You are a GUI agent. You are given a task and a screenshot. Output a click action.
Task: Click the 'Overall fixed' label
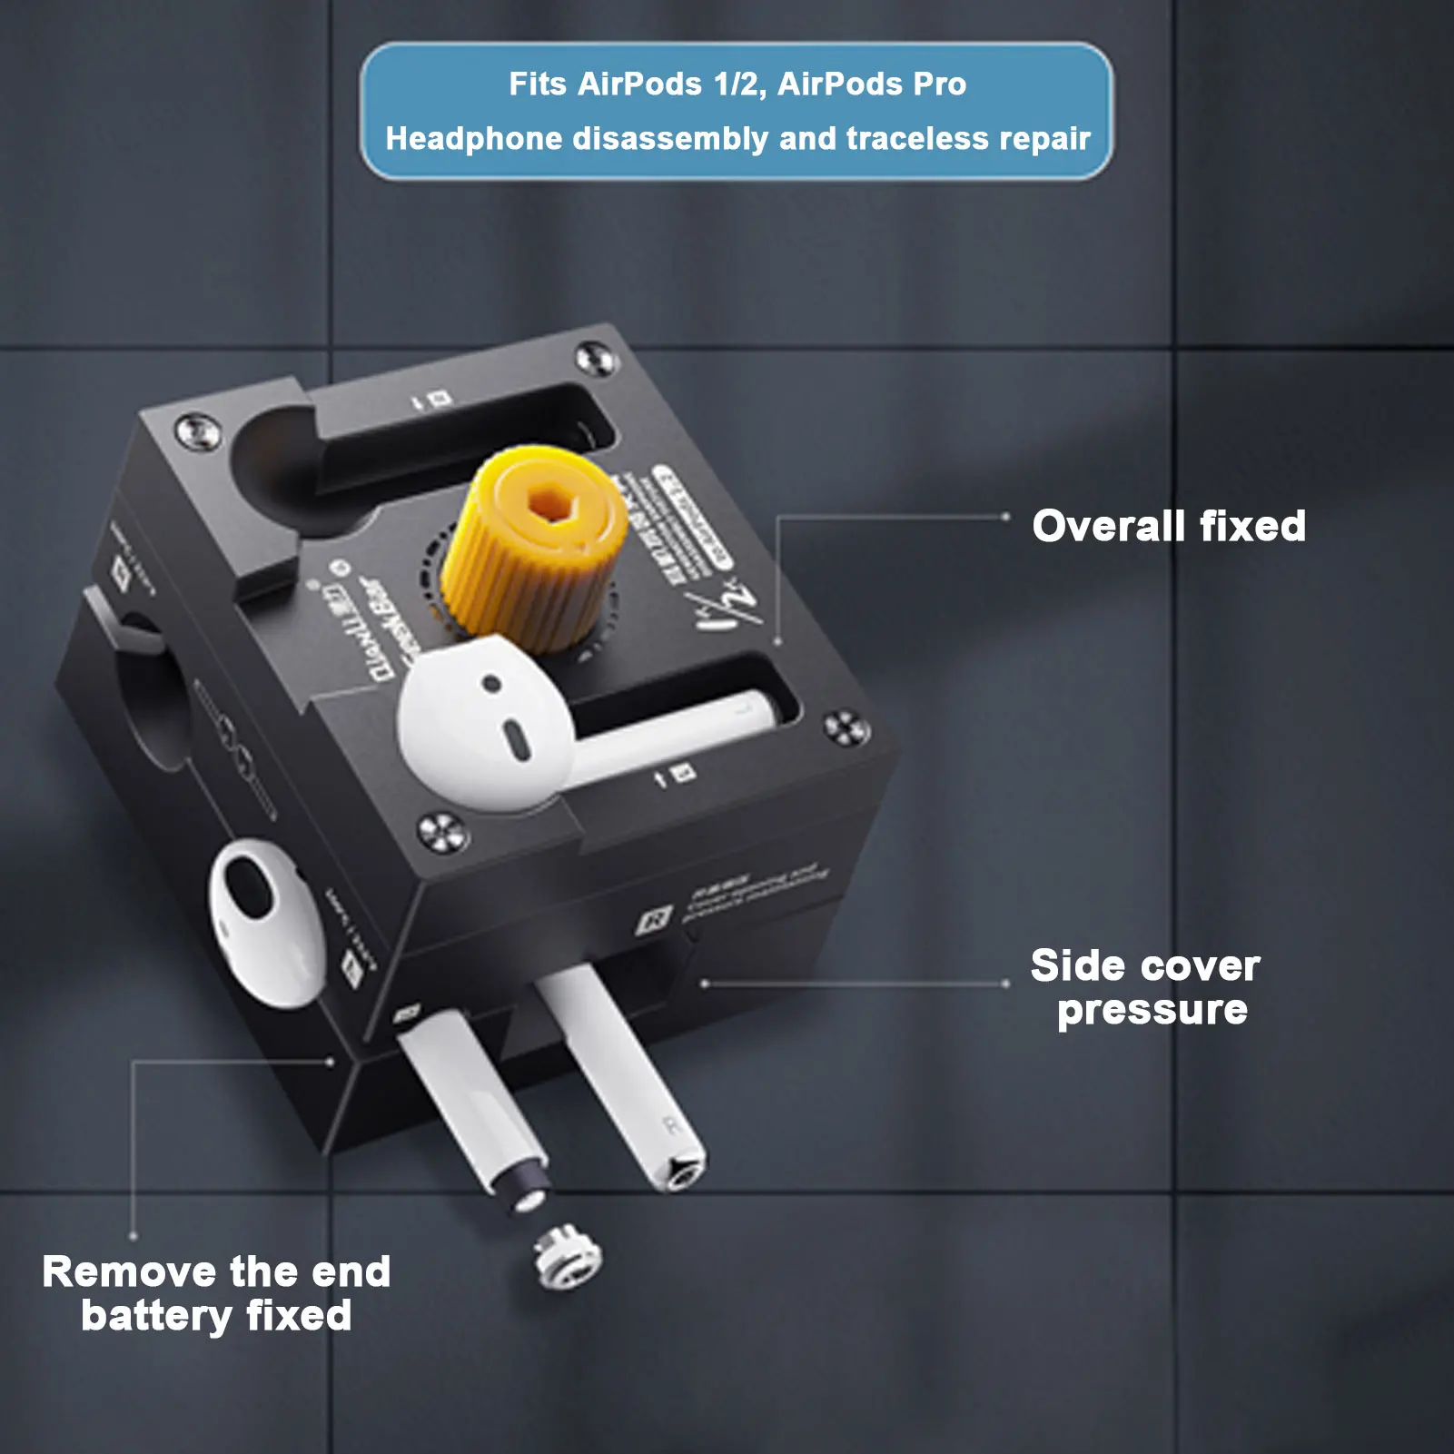(x=1169, y=526)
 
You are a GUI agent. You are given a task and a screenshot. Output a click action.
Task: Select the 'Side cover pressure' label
(x=1146, y=987)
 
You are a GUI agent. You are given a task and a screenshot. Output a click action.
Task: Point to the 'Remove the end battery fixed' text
(x=216, y=1293)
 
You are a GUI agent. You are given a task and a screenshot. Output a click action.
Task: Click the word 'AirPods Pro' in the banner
(x=871, y=84)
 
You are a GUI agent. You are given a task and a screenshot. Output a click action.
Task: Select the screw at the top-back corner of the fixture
(x=595, y=357)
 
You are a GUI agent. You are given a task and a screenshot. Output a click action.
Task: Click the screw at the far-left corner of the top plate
(x=196, y=430)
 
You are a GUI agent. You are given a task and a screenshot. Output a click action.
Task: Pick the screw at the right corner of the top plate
(x=846, y=727)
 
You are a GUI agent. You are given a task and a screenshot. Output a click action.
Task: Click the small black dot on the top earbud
(x=491, y=683)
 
